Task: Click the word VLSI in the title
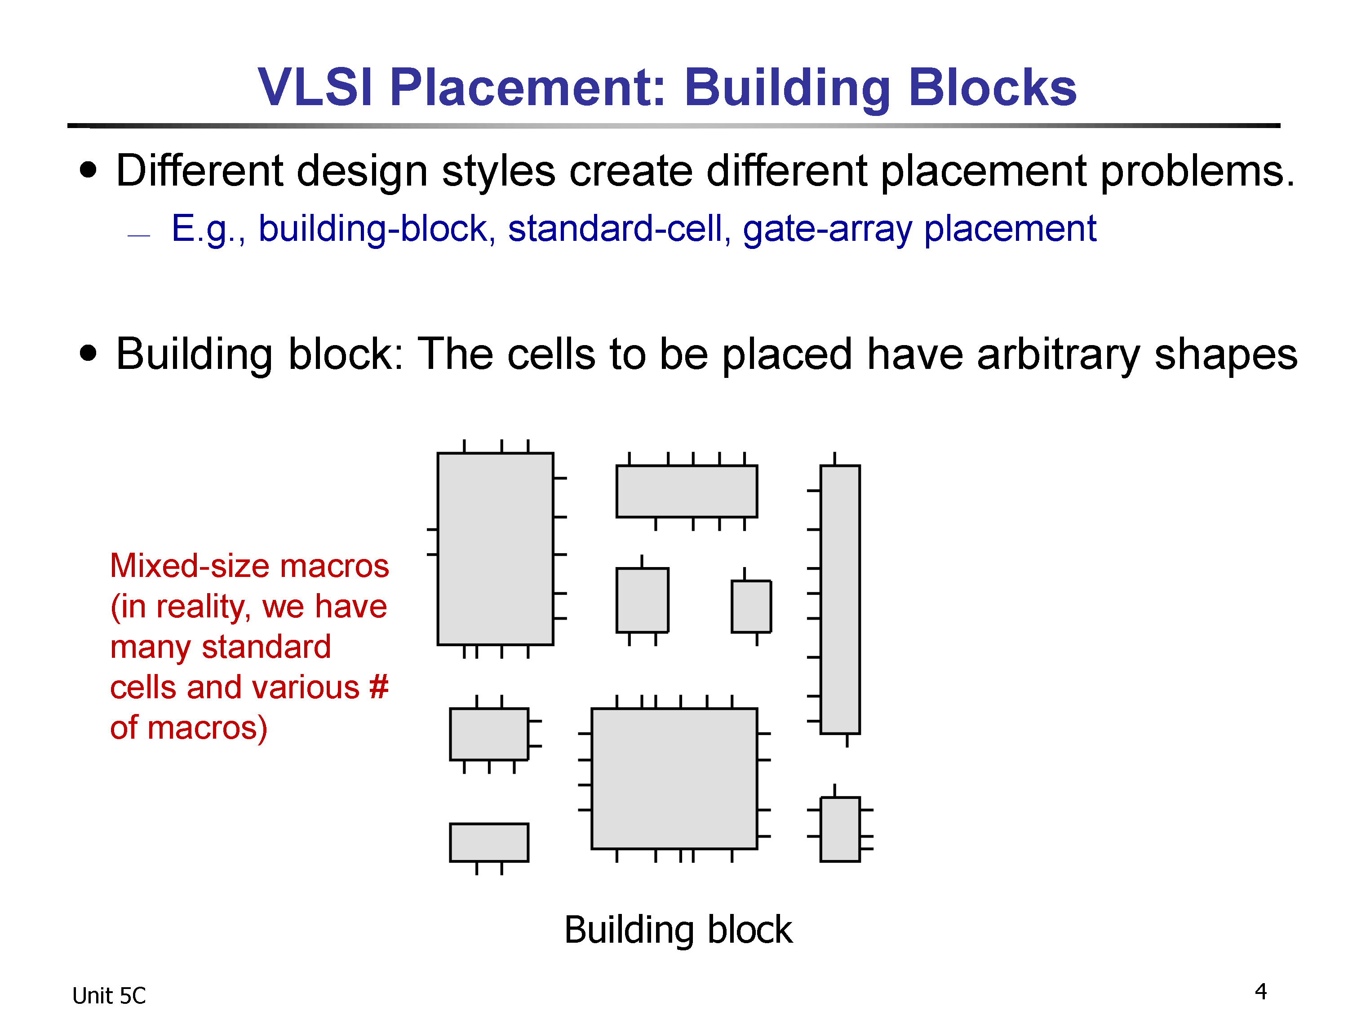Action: tap(315, 87)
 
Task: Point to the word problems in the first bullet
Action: tap(1197, 171)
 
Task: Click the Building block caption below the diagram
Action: tap(678, 930)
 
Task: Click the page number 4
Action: tap(1261, 992)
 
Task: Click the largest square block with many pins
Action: tap(674, 778)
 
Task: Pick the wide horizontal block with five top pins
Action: tap(687, 491)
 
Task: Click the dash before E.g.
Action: tap(139, 235)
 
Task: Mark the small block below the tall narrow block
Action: tap(840, 829)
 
